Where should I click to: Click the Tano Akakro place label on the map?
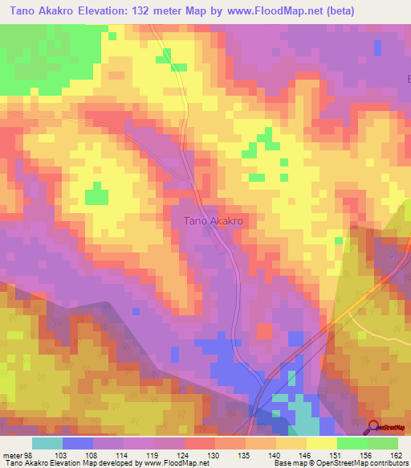tap(214, 220)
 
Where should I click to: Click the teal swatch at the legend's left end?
tap(47, 443)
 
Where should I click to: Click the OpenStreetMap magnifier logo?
tap(374, 429)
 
